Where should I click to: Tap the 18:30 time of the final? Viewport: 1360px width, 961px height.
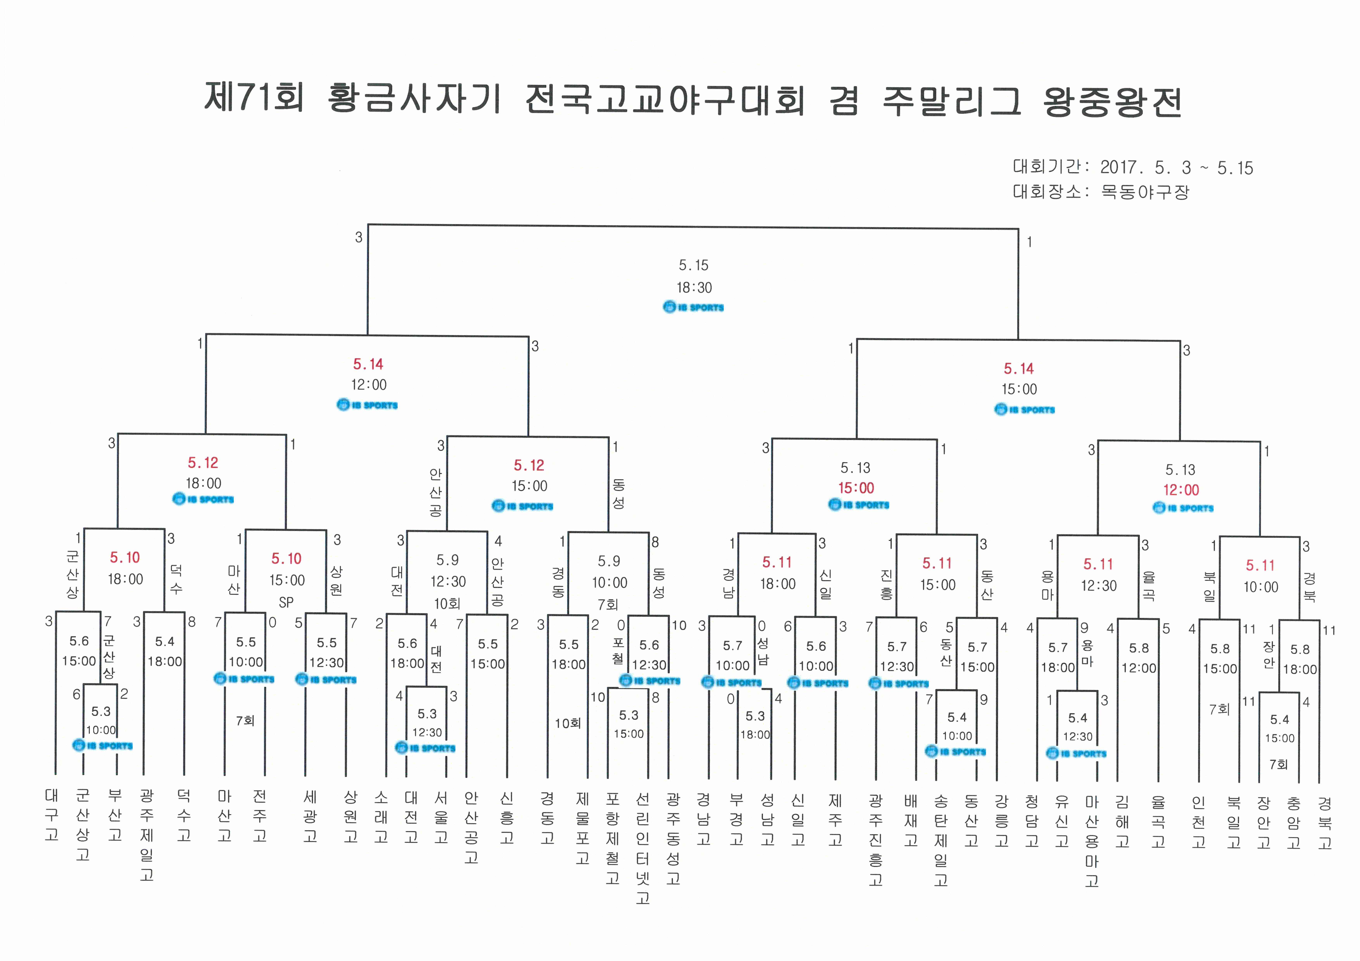[x=694, y=288]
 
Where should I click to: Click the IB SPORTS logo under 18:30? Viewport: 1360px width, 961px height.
[x=694, y=307]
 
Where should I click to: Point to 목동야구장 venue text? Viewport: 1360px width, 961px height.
[x=1145, y=192]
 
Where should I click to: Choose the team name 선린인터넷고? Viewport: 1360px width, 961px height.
[x=643, y=848]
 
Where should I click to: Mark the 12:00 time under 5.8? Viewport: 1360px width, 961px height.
[x=1138, y=668]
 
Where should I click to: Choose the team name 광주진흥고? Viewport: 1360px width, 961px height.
[x=876, y=840]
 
